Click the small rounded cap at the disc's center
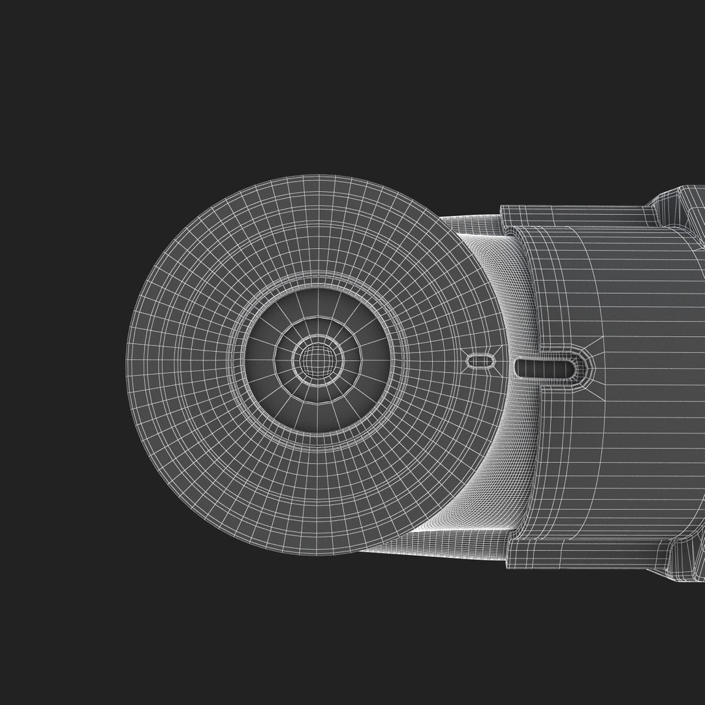pos(316,358)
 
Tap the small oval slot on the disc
pos(482,361)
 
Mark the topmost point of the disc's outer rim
pos(317,176)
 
